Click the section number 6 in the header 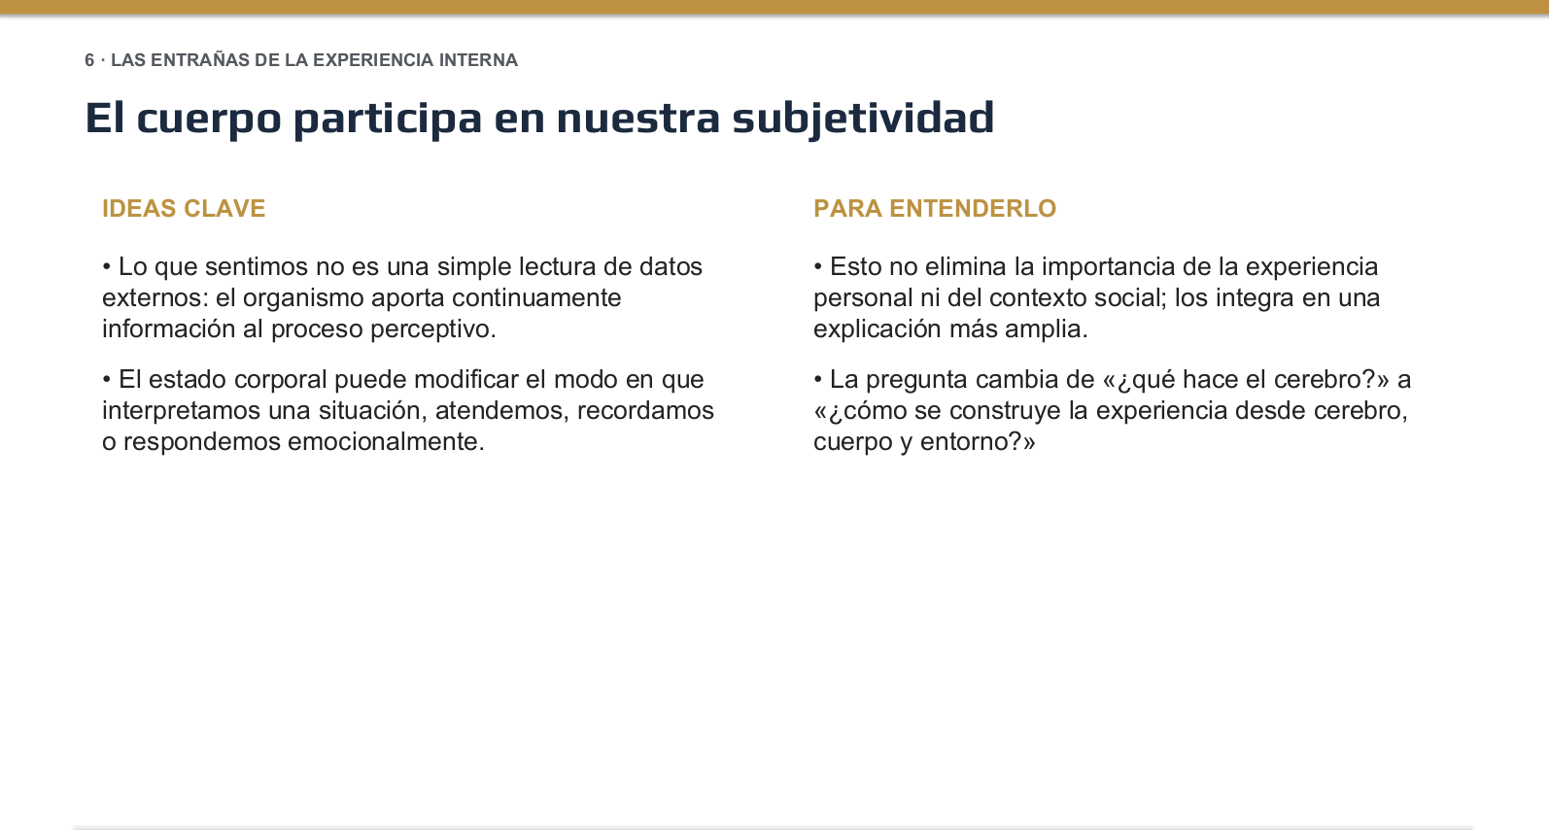(89, 60)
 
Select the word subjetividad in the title (863, 119)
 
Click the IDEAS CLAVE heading (184, 208)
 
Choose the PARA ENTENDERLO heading (935, 208)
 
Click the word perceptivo (432, 329)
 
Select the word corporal (280, 380)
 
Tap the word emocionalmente (386, 441)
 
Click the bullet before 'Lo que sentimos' (107, 267)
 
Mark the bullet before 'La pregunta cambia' (818, 380)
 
